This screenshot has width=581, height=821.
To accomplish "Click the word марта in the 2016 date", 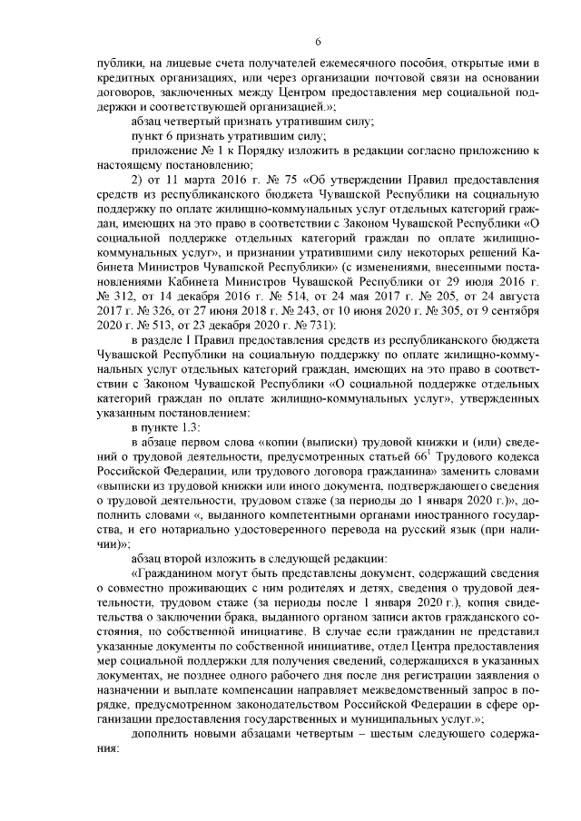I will (x=186, y=180).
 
